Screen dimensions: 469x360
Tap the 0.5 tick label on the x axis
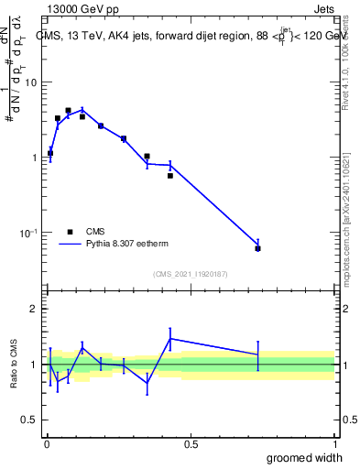coord(191,443)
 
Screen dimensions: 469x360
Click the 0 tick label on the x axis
coord(46,443)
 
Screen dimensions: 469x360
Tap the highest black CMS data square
coord(68,110)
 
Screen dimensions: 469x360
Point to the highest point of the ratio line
coord(170,338)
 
